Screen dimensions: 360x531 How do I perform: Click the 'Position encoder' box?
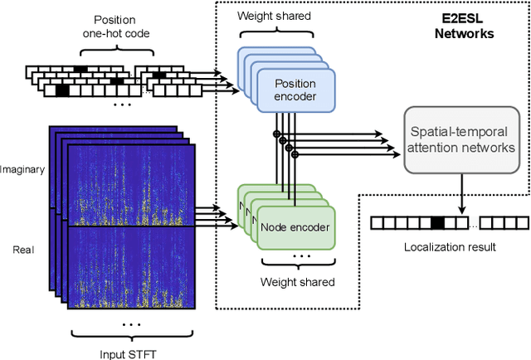295,90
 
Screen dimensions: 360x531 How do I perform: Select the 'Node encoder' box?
295,226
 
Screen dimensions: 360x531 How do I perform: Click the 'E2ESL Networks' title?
465,27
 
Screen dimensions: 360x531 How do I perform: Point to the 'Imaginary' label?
22,169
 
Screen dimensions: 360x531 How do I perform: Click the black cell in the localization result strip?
437,222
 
